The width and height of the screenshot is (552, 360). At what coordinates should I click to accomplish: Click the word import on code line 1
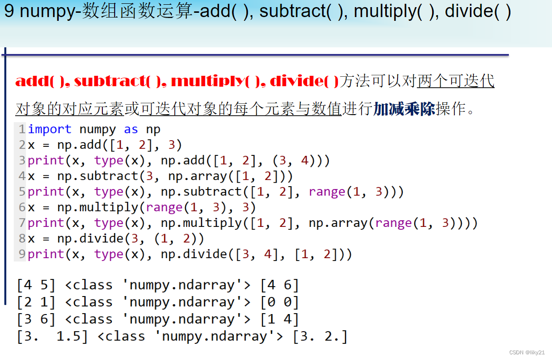point(49,129)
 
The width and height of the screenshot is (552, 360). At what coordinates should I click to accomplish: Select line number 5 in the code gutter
point(22,192)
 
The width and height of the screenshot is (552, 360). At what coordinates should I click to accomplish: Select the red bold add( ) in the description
point(41,81)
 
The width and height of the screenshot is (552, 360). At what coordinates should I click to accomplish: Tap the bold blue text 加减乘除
point(404,109)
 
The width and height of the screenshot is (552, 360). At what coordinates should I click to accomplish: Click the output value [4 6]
point(280,285)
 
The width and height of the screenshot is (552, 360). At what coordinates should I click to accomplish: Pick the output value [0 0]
point(280,302)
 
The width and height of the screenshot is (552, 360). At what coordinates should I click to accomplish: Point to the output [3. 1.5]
point(53,337)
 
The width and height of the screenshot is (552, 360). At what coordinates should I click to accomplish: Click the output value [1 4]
point(280,319)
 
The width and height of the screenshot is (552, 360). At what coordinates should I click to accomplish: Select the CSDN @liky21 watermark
point(527,352)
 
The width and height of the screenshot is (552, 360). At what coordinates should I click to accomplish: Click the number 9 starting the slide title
point(9,11)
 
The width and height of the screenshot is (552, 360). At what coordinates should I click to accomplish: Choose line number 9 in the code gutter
point(22,254)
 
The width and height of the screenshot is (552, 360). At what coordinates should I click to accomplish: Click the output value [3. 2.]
point(320,337)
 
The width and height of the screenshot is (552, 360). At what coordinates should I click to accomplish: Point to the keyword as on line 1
point(131,129)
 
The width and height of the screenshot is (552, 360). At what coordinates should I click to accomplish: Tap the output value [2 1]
point(36,302)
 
